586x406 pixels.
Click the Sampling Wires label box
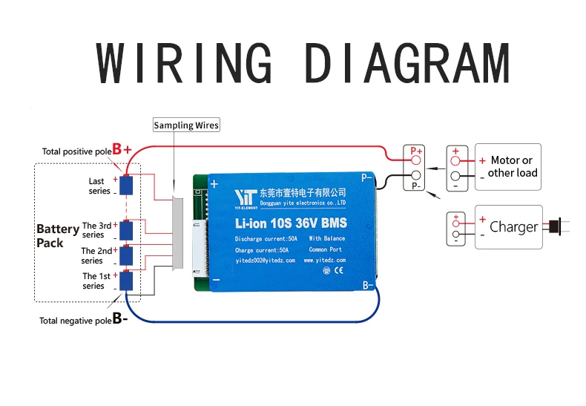click(186, 125)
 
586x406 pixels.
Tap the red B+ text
click(122, 149)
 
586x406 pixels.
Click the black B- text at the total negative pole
click(120, 318)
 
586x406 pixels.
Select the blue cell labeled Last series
click(126, 185)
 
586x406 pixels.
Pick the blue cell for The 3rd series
click(126, 230)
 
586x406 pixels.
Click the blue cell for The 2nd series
click(126, 255)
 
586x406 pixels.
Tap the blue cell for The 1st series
click(126, 281)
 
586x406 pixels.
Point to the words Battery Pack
click(58, 235)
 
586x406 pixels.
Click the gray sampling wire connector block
click(177, 232)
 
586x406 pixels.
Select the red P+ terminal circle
click(416, 160)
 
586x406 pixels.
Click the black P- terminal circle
click(416, 175)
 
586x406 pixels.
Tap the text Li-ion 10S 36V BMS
click(291, 223)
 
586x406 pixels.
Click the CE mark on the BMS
click(338, 270)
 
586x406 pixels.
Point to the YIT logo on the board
click(246, 197)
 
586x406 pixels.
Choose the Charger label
click(513, 227)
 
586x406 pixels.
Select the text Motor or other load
click(513, 166)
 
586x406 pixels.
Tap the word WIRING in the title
click(184, 62)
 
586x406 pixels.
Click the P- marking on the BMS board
click(367, 177)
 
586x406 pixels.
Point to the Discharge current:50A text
click(266, 238)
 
